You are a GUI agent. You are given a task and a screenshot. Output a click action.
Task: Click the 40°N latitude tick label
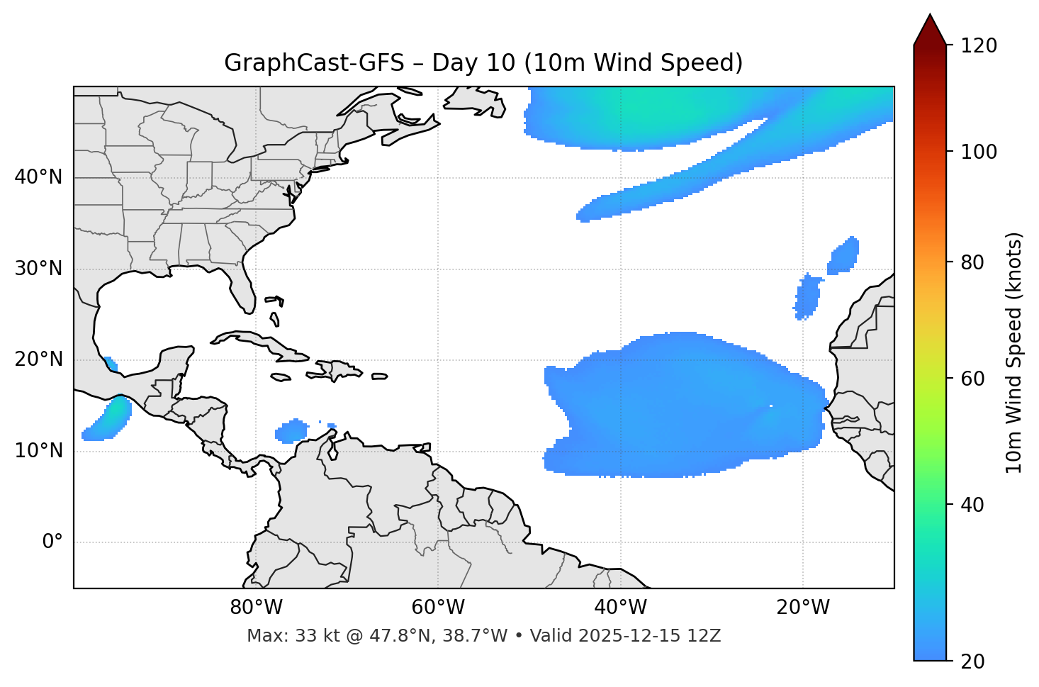[38, 177]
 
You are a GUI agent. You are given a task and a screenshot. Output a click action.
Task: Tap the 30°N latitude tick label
[38, 269]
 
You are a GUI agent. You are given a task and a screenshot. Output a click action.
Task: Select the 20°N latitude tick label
[38, 360]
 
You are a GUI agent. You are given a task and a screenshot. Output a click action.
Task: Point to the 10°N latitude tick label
[38, 451]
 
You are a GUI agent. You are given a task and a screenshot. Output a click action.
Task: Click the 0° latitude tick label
[52, 542]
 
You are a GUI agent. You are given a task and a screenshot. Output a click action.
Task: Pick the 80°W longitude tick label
[256, 608]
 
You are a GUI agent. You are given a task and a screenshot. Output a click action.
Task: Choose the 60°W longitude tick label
[438, 608]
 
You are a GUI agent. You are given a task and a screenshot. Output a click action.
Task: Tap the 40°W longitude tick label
[621, 608]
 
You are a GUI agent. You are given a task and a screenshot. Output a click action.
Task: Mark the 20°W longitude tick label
[803, 608]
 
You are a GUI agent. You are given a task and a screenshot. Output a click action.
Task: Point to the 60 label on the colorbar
[976, 379]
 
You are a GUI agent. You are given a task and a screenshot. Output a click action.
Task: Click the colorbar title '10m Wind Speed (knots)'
[1014, 352]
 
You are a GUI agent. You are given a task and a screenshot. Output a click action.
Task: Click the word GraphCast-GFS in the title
[314, 63]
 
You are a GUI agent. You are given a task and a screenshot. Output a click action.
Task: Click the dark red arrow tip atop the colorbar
[930, 28]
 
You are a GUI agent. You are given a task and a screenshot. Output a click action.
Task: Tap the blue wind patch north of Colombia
[291, 430]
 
